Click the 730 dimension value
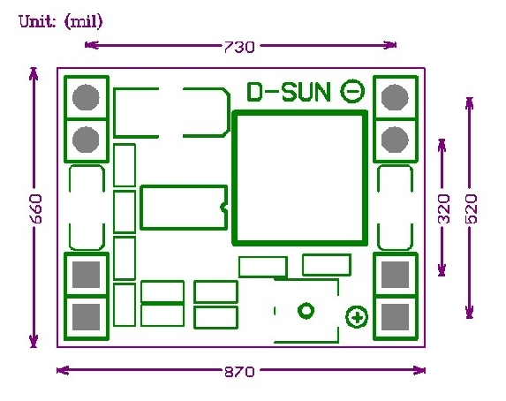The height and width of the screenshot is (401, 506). [x=239, y=47]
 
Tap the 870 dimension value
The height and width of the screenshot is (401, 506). [x=239, y=372]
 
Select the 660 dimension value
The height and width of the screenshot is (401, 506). [x=36, y=208]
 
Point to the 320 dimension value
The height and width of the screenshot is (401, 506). [x=444, y=208]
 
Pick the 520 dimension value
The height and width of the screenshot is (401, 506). [x=472, y=208]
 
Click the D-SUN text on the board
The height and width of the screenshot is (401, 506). [x=289, y=92]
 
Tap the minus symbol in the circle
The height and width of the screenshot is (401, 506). [x=352, y=91]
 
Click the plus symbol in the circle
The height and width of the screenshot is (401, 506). [x=357, y=317]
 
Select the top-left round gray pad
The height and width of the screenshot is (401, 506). [x=86, y=97]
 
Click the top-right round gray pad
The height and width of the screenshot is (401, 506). [x=395, y=97]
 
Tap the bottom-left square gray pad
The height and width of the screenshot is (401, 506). [x=86, y=317]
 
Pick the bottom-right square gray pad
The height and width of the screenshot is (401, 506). [x=395, y=317]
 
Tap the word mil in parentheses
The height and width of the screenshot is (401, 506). [x=84, y=22]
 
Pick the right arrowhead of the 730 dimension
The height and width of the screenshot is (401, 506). [x=390, y=45]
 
